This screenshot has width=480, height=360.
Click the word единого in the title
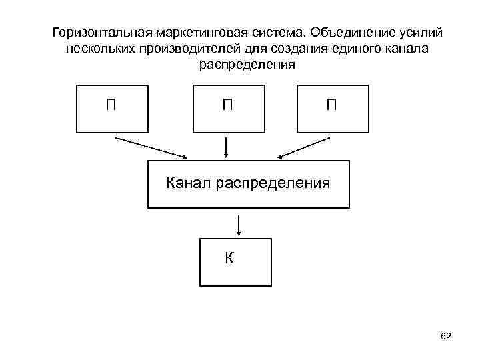tap(359, 50)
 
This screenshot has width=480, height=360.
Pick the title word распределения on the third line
tap(247, 66)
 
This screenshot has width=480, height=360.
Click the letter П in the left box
tap(111, 105)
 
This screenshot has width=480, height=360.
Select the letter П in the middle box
tap(227, 105)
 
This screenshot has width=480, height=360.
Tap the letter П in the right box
tap(331, 105)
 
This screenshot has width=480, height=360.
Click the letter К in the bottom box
tap(229, 258)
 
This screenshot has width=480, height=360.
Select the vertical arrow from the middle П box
tap(227, 147)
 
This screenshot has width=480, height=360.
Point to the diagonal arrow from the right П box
tap(303, 147)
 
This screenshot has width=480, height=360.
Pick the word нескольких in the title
tap(101, 50)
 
